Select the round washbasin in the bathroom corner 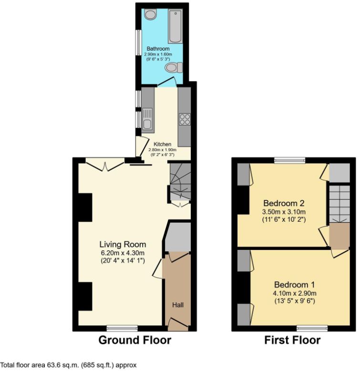coord(149,15)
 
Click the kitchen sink coord(147,119)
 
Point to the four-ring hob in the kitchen coord(184,119)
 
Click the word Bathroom coord(158,49)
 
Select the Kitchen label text coord(162,144)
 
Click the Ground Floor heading coord(134,340)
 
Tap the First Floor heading coord(292,340)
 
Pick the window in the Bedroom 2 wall coord(289,161)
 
